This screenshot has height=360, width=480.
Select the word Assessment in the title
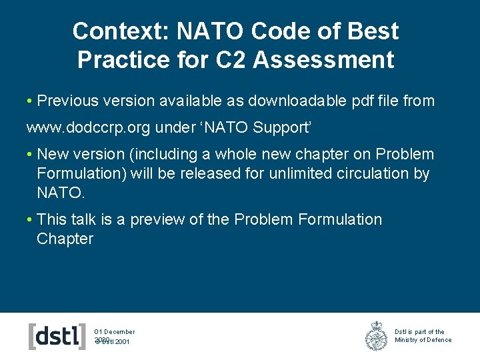[x=324, y=60]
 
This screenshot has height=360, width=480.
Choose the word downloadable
[x=296, y=101]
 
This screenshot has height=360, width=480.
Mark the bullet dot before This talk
[x=30, y=220]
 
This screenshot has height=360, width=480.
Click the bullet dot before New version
[x=30, y=155]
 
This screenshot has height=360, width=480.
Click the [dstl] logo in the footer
[x=57, y=335]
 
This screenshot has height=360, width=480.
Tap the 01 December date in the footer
[x=115, y=331]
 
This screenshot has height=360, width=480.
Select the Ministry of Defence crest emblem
[x=377, y=335]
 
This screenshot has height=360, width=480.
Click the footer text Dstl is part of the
[x=419, y=331]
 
